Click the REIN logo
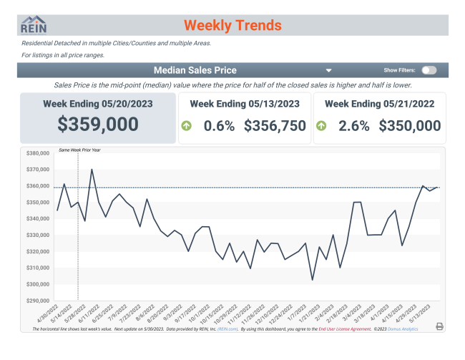pyautogui.click(x=33, y=25)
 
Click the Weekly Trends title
pyautogui.click(x=232, y=26)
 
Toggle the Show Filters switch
pyautogui.click(x=429, y=70)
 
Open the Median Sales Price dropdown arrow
pyautogui.click(x=328, y=71)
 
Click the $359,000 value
pyautogui.click(x=98, y=124)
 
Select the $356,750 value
pyautogui.click(x=275, y=126)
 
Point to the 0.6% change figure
pyautogui.click(x=219, y=126)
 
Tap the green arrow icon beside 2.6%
pyautogui.click(x=321, y=126)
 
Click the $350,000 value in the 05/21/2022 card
pyautogui.click(x=410, y=126)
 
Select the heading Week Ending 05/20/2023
pyautogui.click(x=98, y=104)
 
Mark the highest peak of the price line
pyautogui.click(x=92, y=170)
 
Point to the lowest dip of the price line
pyautogui.click(x=312, y=280)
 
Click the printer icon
pyautogui.click(x=439, y=326)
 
